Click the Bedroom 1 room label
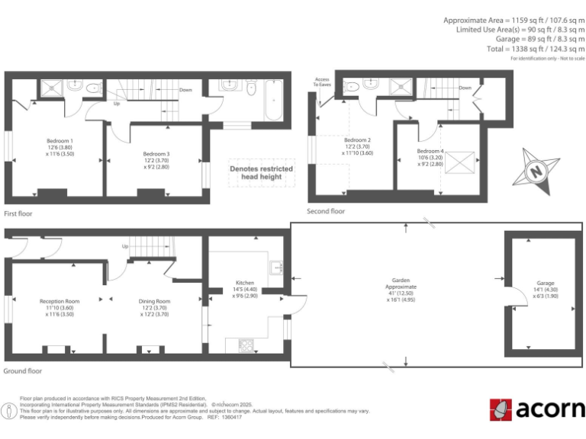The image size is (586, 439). [x=60, y=141]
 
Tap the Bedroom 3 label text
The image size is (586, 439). [x=156, y=154]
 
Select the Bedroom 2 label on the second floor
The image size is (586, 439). [x=357, y=140]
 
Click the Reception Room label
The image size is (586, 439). [x=60, y=301]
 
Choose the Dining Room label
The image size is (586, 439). [x=154, y=301]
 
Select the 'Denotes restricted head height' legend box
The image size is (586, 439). [x=256, y=172]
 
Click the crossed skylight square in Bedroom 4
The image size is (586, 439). [x=460, y=162]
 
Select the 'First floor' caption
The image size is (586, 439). [x=20, y=214]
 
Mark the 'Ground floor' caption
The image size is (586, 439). [x=23, y=371]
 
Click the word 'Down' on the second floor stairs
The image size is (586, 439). [x=465, y=88]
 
